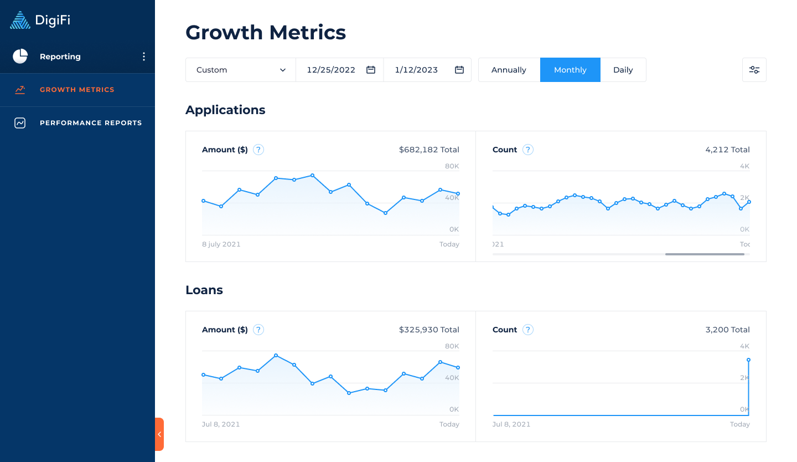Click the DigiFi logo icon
point(20,20)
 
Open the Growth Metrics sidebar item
point(77,90)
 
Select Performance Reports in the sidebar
point(90,123)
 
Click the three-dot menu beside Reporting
point(144,57)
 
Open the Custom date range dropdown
point(241,70)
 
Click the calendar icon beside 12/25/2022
point(371,70)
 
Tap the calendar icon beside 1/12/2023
point(459,70)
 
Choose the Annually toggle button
point(509,70)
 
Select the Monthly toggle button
point(570,70)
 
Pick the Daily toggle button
point(623,70)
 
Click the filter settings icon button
point(754,70)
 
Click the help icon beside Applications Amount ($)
point(258,150)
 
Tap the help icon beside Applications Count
point(528,150)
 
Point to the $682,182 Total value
point(429,150)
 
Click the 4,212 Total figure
point(727,150)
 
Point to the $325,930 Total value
point(429,330)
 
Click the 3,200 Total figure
point(727,330)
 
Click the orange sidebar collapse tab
point(159,434)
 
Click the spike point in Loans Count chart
point(748,360)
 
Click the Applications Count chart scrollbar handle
point(705,254)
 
